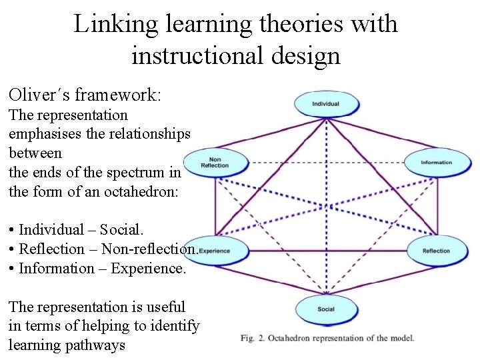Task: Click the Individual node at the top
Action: click(x=325, y=104)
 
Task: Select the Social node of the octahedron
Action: click(x=326, y=309)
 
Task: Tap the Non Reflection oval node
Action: click(x=215, y=163)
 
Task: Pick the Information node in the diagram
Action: click(x=436, y=163)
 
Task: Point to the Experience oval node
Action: click(x=215, y=251)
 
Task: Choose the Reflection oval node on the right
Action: click(x=436, y=251)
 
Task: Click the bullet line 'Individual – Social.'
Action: click(x=76, y=230)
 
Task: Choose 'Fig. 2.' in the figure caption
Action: click(x=254, y=338)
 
